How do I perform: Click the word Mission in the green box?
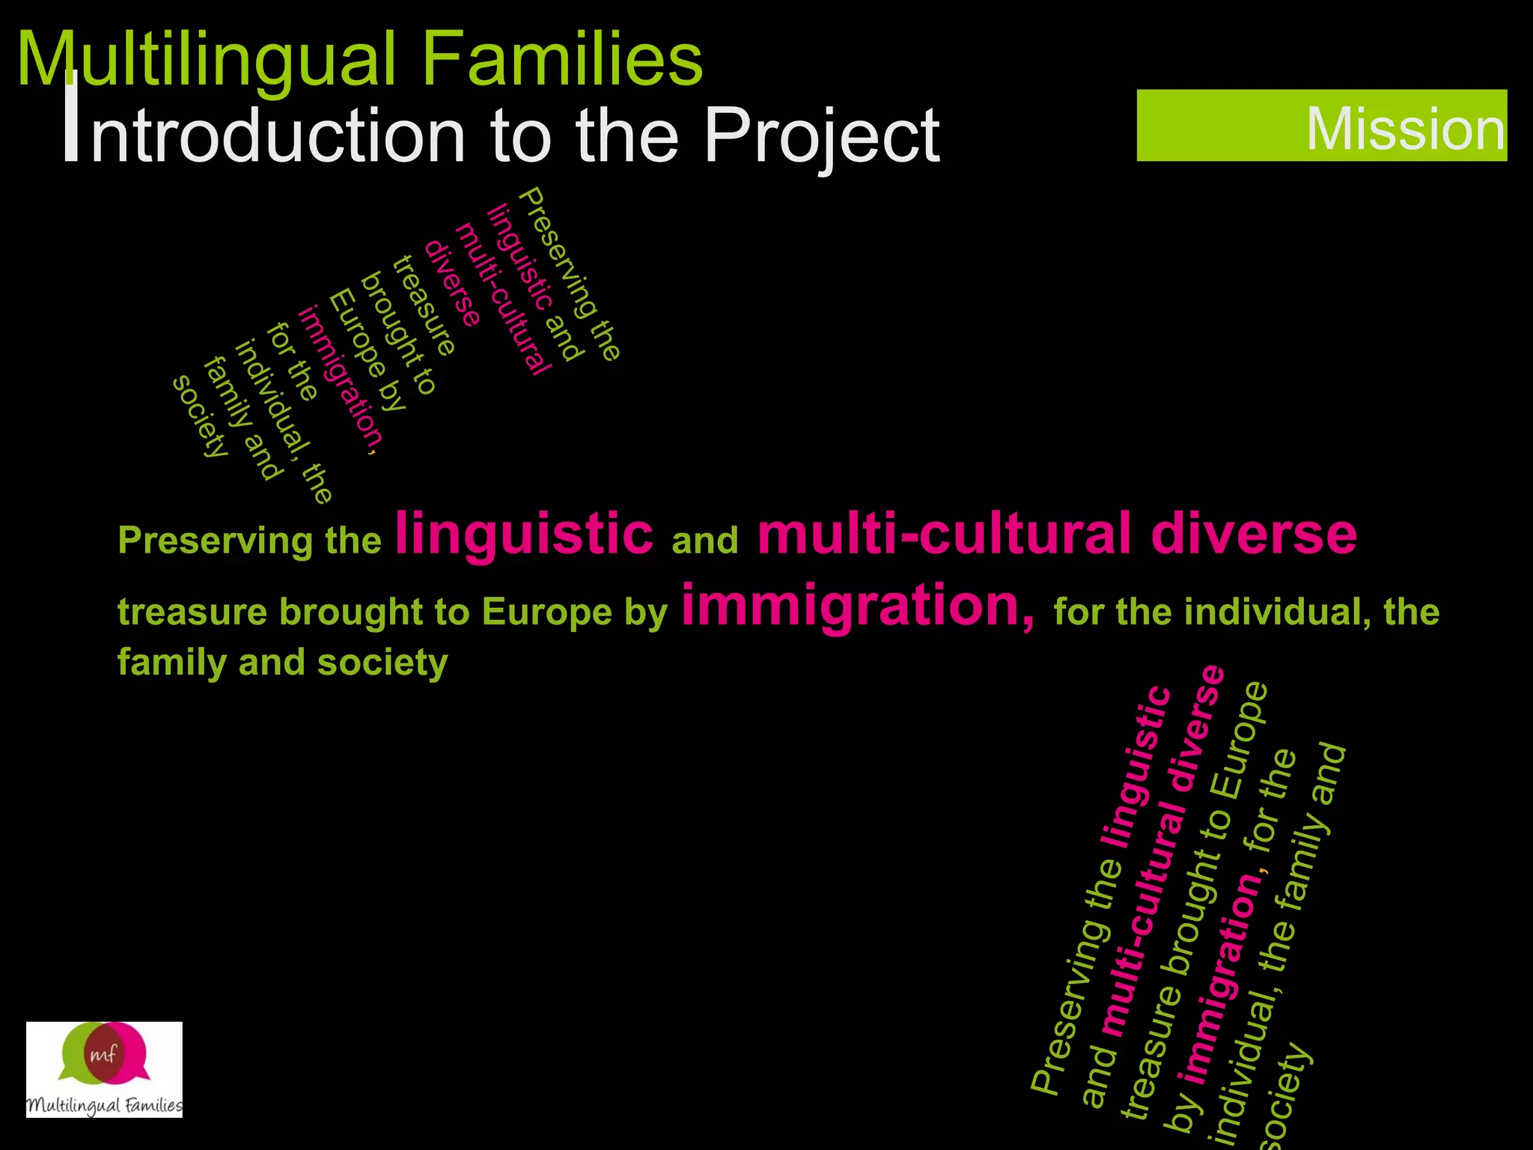(x=1405, y=129)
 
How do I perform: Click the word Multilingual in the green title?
(x=206, y=61)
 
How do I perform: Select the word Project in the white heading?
(x=822, y=136)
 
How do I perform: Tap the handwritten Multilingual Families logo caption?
(x=104, y=1105)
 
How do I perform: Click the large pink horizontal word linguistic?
(x=524, y=533)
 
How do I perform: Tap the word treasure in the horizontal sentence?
(x=192, y=612)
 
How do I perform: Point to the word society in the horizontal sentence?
(x=383, y=663)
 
